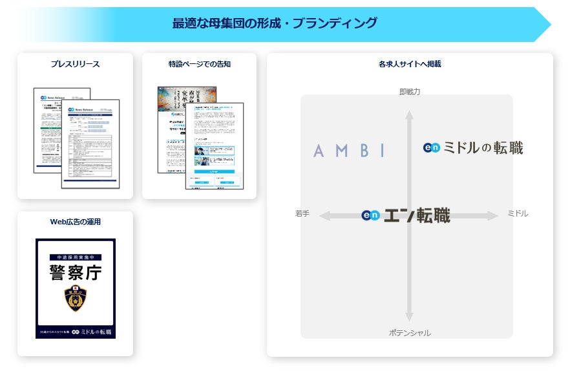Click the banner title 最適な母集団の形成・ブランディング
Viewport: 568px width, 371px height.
tap(275, 24)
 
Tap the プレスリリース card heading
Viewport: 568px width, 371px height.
tap(75, 64)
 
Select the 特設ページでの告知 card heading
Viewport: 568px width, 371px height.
tap(199, 64)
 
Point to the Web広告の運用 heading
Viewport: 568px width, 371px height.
tap(75, 222)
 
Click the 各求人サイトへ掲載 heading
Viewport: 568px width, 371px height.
tap(410, 64)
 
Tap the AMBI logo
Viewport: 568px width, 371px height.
tap(349, 151)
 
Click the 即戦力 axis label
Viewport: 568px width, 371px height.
tap(410, 92)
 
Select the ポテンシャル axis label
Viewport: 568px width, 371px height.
tap(410, 333)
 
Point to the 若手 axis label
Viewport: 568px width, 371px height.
tap(302, 213)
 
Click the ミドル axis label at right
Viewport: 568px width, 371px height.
tap(518, 213)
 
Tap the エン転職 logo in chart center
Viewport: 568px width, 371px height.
tap(406, 216)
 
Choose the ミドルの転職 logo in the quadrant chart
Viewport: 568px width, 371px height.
tap(473, 148)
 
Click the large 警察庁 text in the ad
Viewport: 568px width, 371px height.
tap(76, 272)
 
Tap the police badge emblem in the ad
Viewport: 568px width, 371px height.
tap(76, 299)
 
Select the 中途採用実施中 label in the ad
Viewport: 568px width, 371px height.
tap(76, 257)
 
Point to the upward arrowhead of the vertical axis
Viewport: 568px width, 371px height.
tap(408, 116)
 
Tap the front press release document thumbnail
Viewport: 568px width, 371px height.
tap(90, 143)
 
